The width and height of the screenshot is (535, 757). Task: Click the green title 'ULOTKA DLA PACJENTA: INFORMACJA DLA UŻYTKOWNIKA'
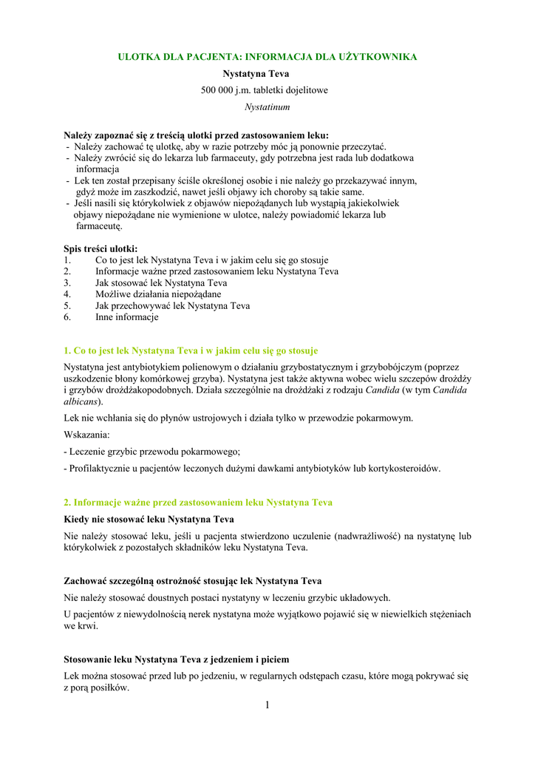click(x=267, y=57)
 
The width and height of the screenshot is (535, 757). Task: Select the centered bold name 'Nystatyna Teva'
click(x=256, y=74)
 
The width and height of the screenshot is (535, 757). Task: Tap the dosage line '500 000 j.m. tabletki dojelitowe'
click(x=265, y=90)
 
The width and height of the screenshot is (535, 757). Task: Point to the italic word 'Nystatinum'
click(x=267, y=106)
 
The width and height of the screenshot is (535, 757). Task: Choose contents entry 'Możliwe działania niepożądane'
click(x=158, y=294)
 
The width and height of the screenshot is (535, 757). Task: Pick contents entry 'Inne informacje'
click(x=127, y=317)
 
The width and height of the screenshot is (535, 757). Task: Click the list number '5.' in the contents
click(x=67, y=305)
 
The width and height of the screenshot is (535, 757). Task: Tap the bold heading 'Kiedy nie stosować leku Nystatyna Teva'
click(x=149, y=519)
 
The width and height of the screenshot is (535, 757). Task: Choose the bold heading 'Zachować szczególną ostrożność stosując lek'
click(x=193, y=581)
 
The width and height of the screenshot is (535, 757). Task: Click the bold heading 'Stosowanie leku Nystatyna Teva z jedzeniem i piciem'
click(x=177, y=659)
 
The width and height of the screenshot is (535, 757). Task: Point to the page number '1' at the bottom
click(x=267, y=705)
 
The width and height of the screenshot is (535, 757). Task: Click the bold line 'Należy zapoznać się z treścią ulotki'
click(x=196, y=135)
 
